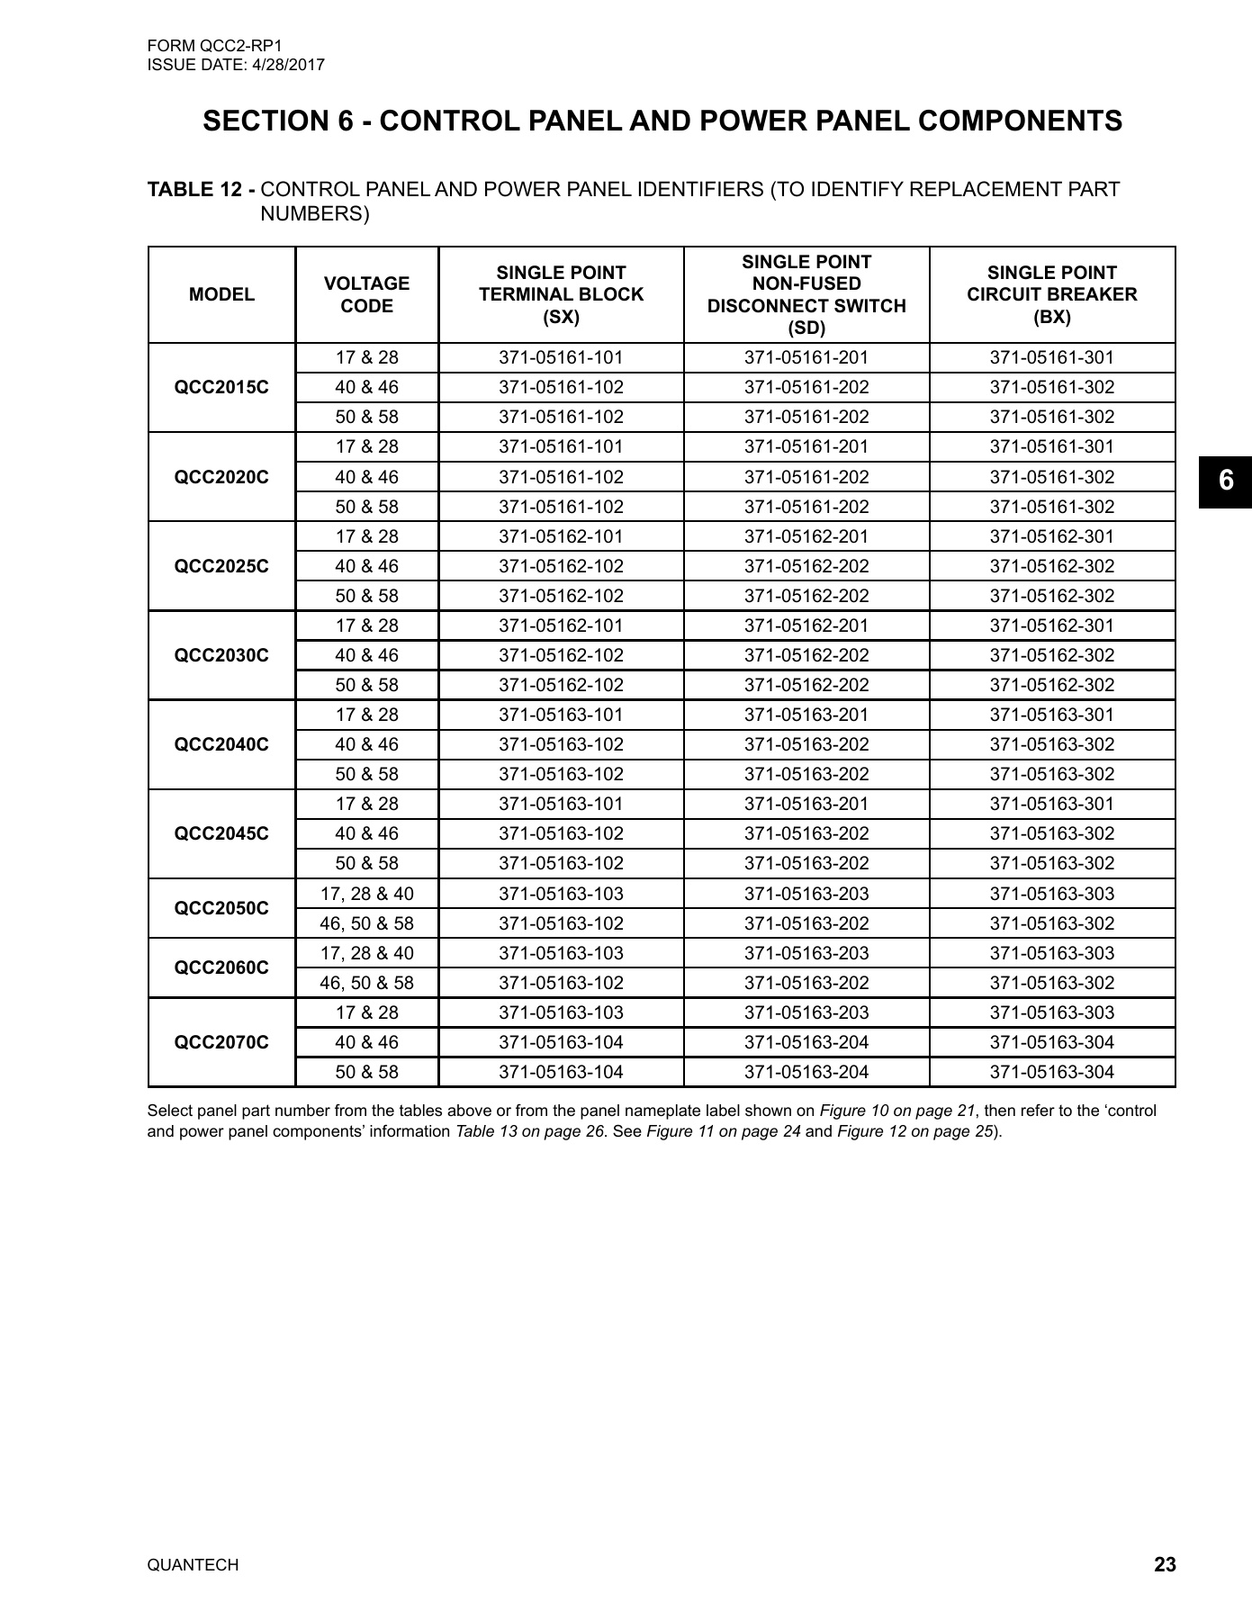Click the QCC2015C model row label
(221, 388)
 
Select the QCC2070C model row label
(221, 1042)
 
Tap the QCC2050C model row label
(221, 908)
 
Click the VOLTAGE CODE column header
(366, 294)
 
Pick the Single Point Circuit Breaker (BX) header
(1051, 294)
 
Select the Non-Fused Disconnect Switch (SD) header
(806, 294)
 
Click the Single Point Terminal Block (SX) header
(561, 294)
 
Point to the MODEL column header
(221, 294)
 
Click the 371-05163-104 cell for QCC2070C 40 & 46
(561, 1042)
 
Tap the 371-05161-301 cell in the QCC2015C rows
(1051, 357)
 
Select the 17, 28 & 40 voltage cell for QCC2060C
(366, 953)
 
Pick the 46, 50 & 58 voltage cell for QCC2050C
(366, 923)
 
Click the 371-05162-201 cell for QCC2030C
(806, 625)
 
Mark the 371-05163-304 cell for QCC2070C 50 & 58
(1051, 1072)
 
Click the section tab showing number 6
(1225, 481)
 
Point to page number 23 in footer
(1164, 1565)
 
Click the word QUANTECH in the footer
(193, 1566)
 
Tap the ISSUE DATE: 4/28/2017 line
(236, 65)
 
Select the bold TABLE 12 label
(201, 190)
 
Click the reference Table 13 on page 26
(529, 1131)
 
